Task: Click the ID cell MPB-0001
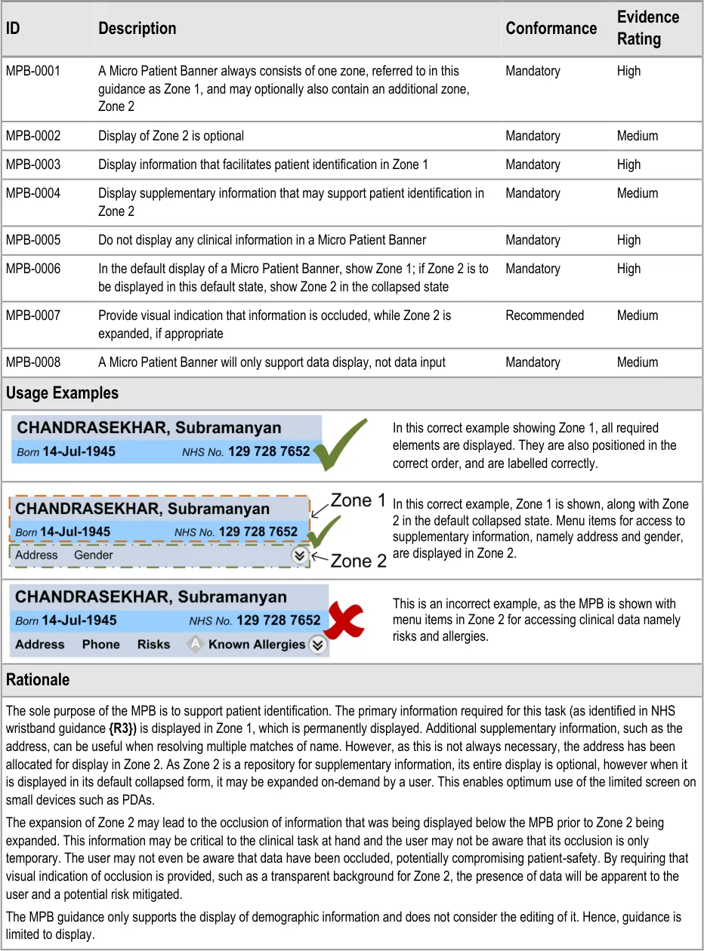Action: point(33,71)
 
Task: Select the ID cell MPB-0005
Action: point(33,240)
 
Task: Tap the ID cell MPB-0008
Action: point(33,362)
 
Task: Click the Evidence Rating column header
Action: point(647,28)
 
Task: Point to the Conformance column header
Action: point(551,28)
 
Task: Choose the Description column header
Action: point(137,28)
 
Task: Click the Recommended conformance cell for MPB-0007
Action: point(545,315)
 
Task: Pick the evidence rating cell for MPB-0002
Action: point(637,136)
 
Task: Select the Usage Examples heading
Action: point(62,393)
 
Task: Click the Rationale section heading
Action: point(38,679)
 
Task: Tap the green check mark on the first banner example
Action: point(341,445)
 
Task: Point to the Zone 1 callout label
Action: point(359,500)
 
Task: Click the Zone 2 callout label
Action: point(359,561)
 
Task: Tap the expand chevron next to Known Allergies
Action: point(318,645)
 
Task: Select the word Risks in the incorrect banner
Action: point(153,645)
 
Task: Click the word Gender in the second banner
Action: point(94,555)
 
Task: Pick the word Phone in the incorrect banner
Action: point(101,645)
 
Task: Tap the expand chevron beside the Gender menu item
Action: point(300,555)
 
